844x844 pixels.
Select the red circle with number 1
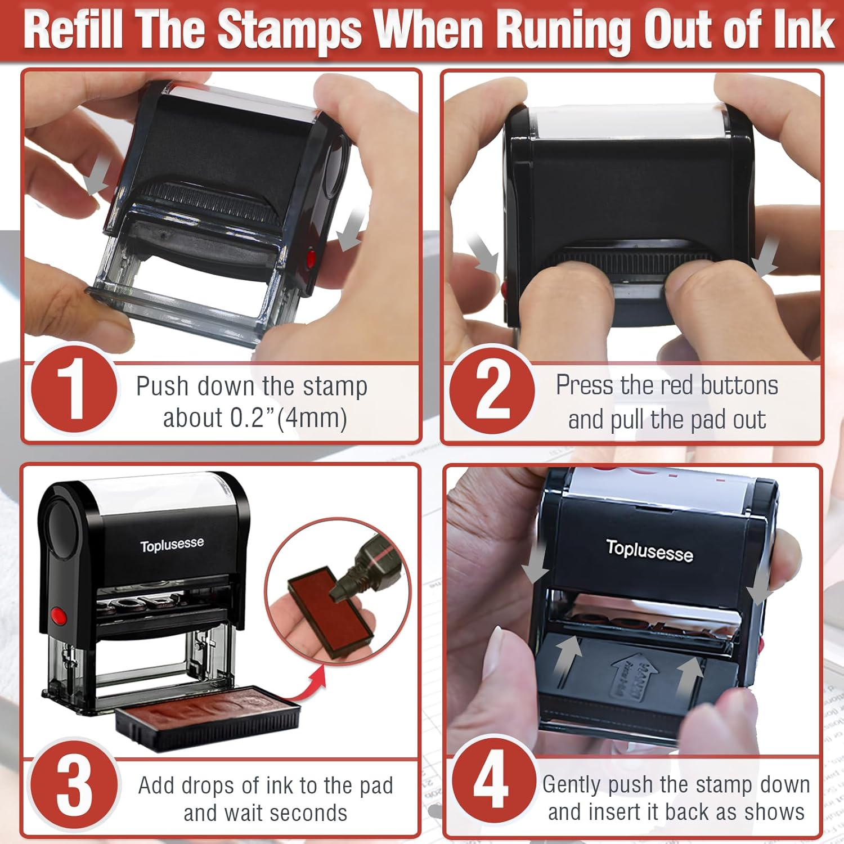(x=73, y=390)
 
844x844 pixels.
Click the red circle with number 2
(x=492, y=390)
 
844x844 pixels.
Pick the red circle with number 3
(x=73, y=786)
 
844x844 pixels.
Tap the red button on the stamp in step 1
(x=310, y=259)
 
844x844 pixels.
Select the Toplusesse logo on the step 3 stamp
(x=172, y=545)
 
